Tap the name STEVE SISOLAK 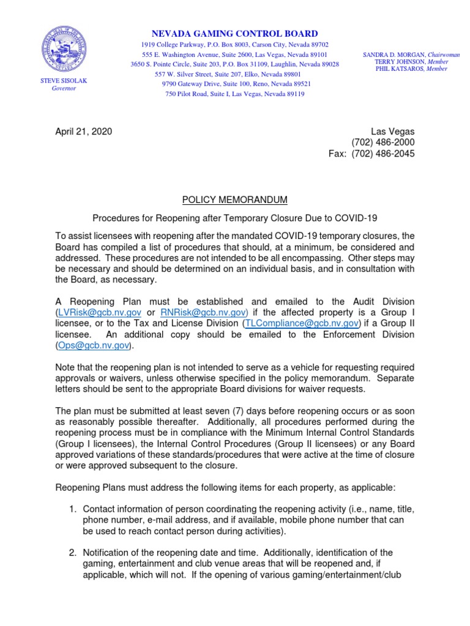point(59,81)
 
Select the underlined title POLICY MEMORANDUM point(235,200)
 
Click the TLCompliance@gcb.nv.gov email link point(300,323)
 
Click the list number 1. point(72,508)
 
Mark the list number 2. point(72,553)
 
